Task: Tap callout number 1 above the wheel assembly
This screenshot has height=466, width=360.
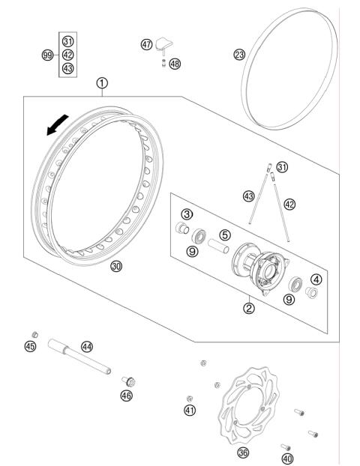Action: tap(101, 83)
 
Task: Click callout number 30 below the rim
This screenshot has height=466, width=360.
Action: tap(116, 267)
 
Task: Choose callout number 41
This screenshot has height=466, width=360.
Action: tap(190, 410)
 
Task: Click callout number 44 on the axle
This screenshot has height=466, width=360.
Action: tap(87, 346)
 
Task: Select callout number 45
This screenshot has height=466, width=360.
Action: tap(30, 346)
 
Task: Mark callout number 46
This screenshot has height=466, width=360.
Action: tap(127, 396)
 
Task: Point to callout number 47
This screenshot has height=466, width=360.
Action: tap(146, 44)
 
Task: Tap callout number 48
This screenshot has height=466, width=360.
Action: tap(175, 64)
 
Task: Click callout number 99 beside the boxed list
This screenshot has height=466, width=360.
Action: tap(48, 55)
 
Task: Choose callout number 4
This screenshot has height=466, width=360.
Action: tap(316, 279)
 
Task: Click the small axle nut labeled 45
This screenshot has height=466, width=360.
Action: tap(33, 333)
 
